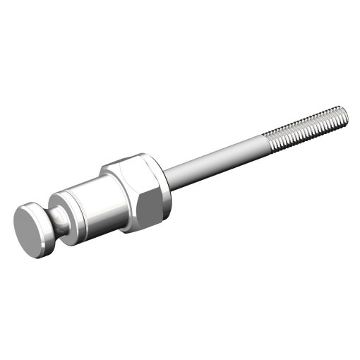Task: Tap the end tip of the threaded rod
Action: click(345, 112)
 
